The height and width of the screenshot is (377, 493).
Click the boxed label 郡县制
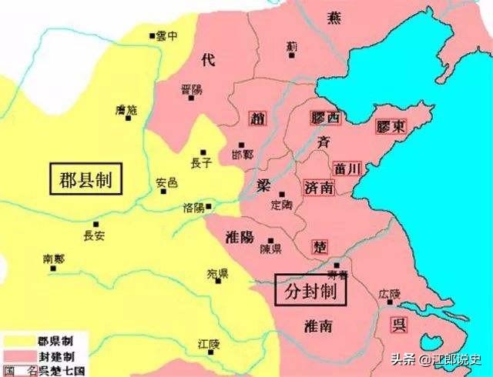pyautogui.click(x=86, y=180)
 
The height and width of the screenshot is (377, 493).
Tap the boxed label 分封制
pyautogui.click(x=310, y=291)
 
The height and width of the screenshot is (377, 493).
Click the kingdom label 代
pyautogui.click(x=208, y=59)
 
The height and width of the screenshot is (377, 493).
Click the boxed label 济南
pyautogui.click(x=318, y=187)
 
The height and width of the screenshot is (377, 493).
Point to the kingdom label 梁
pyautogui.click(x=263, y=185)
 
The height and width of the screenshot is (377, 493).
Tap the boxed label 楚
pyautogui.click(x=319, y=246)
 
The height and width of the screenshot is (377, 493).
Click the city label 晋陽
pyautogui.click(x=190, y=88)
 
